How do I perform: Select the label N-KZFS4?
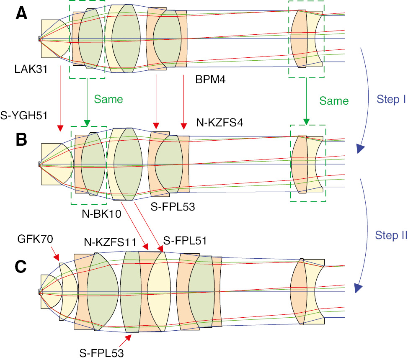[x=220, y=123]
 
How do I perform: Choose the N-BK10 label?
[x=102, y=215]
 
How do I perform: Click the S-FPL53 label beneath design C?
[x=102, y=353]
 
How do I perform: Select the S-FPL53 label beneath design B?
[x=173, y=207]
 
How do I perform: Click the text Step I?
[x=390, y=100]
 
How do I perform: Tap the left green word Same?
[x=108, y=99]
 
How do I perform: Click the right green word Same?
[x=333, y=101]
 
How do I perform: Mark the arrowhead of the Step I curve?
[x=360, y=149]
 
